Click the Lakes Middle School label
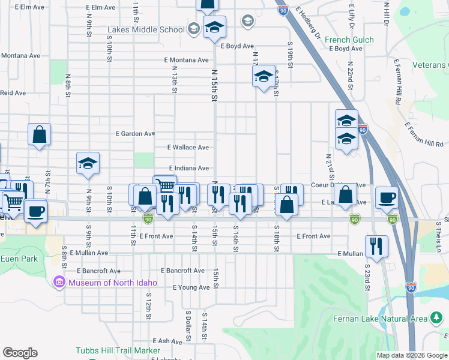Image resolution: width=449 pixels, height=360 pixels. click(146, 29)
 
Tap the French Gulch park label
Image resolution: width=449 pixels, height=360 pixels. click(349, 40)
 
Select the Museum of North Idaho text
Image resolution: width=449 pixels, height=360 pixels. click(113, 283)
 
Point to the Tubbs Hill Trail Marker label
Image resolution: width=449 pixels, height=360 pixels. click(118, 350)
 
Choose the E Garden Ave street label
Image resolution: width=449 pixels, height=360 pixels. click(136, 133)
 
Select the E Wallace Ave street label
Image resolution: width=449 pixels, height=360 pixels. click(188, 147)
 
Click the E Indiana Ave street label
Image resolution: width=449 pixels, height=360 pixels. click(188, 169)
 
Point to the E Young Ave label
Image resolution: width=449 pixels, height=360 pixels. click(191, 287)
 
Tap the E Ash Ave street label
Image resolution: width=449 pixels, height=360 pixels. click(167, 341)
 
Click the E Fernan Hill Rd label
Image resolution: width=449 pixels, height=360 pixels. click(424, 134)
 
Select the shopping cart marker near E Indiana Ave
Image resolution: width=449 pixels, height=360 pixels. click(164, 185)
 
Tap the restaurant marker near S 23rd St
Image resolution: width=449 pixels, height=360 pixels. click(376, 245)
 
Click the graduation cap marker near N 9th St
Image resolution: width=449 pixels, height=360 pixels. click(88, 163)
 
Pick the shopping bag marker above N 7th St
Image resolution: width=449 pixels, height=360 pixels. click(39, 134)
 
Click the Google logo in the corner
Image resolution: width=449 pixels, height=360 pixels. click(20, 353)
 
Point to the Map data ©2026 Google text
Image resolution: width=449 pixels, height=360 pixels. click(412, 355)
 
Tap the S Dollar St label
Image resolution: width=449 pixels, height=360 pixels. click(188, 322)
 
